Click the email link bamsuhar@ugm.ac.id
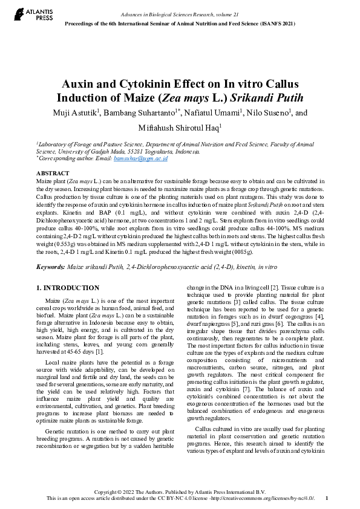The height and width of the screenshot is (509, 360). tap(148, 158)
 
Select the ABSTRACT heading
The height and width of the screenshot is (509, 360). tap(53, 173)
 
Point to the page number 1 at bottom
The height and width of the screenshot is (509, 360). tap(327, 498)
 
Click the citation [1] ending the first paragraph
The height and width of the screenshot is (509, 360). tap(99, 352)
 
